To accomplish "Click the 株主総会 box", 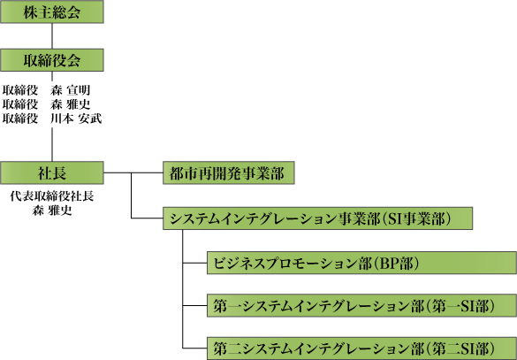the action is [x=52, y=11].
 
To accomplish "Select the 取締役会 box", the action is [x=52, y=60].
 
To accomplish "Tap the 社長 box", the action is [x=52, y=172].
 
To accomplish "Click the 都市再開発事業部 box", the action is [x=229, y=172].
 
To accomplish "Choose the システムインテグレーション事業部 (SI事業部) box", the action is [x=317, y=218].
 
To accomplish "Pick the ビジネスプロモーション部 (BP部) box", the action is [x=361, y=263].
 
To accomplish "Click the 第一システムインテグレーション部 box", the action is [x=361, y=305].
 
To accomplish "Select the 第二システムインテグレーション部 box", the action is [x=361, y=349].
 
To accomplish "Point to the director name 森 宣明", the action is [x=70, y=90].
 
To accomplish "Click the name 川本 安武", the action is [x=76, y=119].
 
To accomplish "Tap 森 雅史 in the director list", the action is [x=70, y=104].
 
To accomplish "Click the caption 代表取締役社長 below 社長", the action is [x=52, y=196].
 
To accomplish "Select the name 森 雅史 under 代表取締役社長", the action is [x=52, y=211].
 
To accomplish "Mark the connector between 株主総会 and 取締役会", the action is [x=52, y=36].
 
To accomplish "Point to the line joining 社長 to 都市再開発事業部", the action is [x=133, y=172].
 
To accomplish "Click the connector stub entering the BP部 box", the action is [x=194, y=263].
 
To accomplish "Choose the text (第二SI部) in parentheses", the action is [x=460, y=349].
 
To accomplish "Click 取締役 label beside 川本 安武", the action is [x=20, y=119].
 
